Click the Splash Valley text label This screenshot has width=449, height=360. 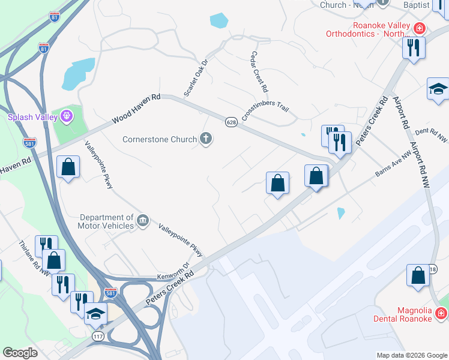(31, 117)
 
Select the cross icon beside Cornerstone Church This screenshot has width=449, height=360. (206, 139)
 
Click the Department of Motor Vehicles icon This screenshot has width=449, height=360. (143, 221)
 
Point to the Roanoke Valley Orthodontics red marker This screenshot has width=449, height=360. (419, 28)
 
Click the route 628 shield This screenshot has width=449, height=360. (231, 122)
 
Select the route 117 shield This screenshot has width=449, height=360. (98, 337)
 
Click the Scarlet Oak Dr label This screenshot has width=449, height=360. (196, 77)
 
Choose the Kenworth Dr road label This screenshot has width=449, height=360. (173, 271)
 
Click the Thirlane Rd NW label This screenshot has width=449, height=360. (34, 259)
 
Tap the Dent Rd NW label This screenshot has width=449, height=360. (431, 134)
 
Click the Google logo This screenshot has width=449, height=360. (20, 353)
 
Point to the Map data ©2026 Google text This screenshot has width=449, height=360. (412, 355)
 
